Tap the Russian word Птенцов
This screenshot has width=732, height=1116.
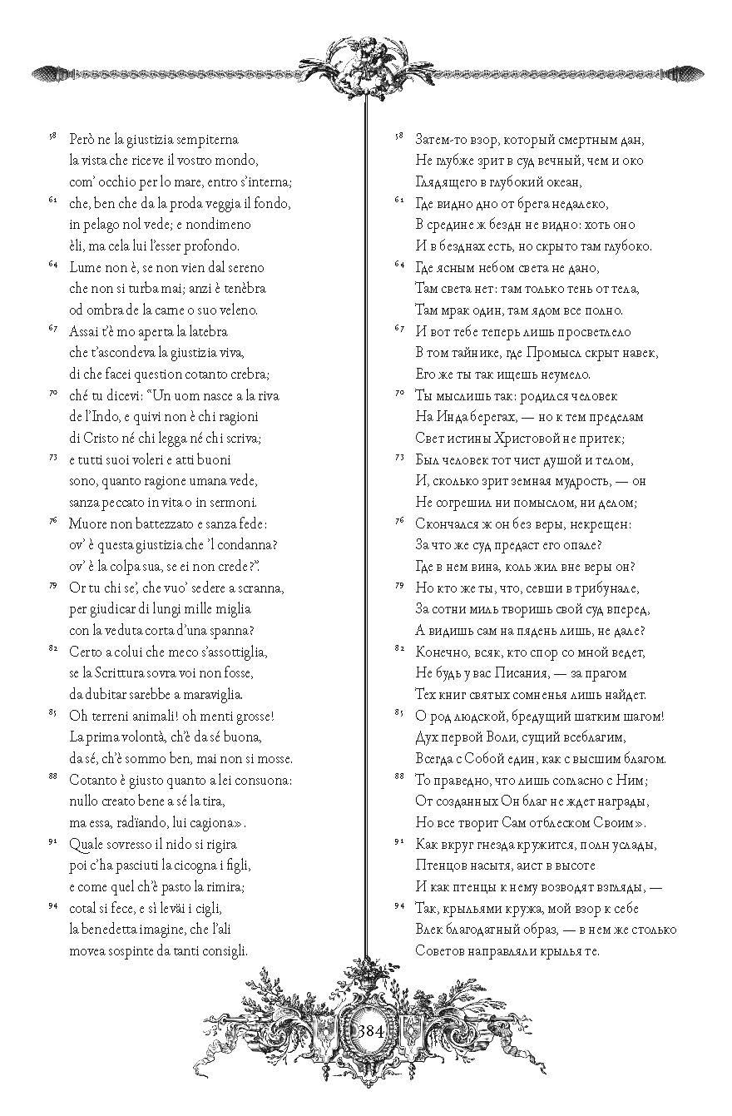click(x=438, y=866)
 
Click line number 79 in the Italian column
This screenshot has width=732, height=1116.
click(x=53, y=585)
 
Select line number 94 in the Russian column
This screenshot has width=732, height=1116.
click(x=398, y=905)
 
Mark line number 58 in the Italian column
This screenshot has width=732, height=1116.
click(x=53, y=136)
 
